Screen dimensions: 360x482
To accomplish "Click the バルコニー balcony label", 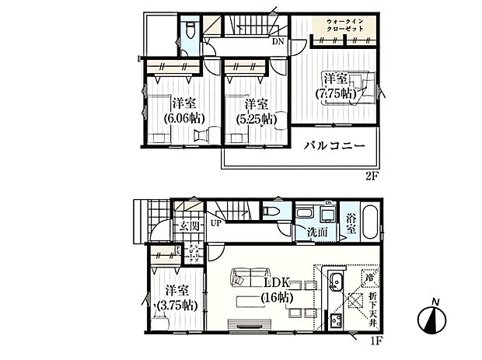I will coord(334,145).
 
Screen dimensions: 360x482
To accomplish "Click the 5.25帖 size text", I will coord(256,119).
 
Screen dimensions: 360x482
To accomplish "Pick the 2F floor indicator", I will coord(372,176).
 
